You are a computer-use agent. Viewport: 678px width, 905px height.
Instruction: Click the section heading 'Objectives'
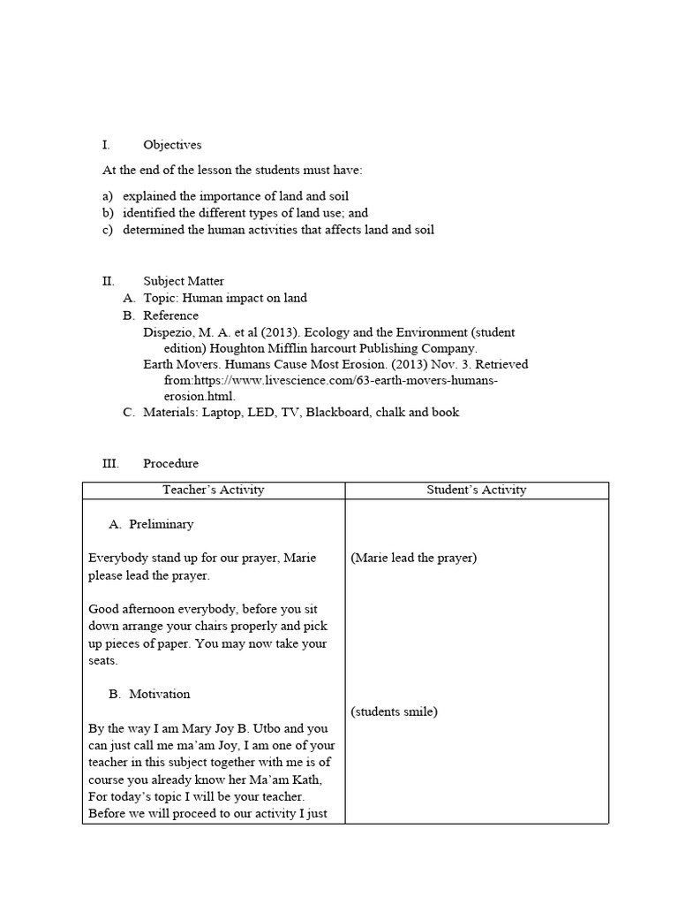click(172, 145)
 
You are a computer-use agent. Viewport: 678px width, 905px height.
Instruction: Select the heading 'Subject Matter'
click(184, 281)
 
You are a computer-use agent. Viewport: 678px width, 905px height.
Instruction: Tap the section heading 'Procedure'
click(170, 463)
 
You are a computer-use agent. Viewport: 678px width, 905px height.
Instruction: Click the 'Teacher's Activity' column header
click(213, 490)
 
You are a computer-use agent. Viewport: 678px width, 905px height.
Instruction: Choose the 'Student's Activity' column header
click(477, 490)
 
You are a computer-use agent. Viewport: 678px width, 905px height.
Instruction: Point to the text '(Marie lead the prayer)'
click(413, 559)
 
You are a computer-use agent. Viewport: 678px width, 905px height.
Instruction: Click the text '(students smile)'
click(394, 711)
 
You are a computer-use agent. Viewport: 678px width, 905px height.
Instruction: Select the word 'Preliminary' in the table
click(161, 524)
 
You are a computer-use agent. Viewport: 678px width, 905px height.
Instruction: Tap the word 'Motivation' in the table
click(159, 695)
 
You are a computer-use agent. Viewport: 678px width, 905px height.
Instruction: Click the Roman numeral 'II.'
click(109, 281)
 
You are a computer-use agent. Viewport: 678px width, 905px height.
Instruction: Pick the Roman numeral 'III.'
click(110, 463)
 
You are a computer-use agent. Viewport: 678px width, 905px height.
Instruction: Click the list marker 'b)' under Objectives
click(108, 213)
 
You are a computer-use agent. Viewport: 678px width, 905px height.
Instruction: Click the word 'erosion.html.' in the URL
click(200, 396)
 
